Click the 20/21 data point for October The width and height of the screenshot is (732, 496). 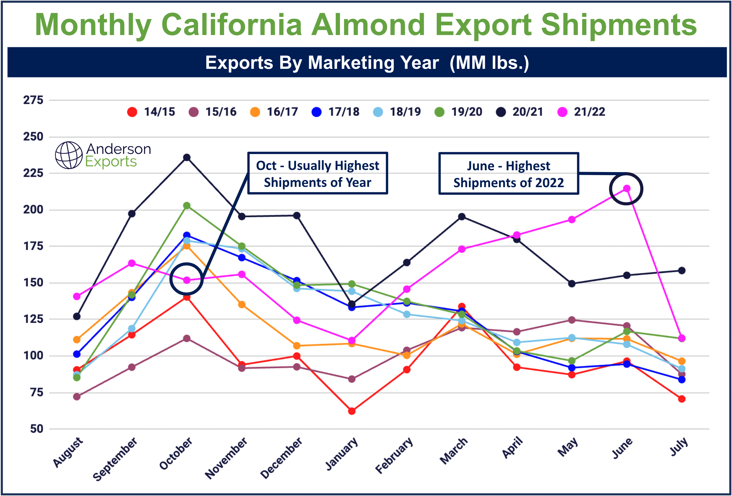tap(187, 157)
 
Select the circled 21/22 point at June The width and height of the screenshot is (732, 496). tap(626, 189)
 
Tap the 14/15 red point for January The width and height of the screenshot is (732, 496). tap(352, 411)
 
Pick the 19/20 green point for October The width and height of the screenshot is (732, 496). tap(187, 206)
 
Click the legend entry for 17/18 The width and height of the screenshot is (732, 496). tap(335, 112)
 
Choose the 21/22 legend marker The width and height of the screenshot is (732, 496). tap(562, 112)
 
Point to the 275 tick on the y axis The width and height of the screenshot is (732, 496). tap(33, 100)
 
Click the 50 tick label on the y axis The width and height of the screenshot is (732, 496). tap(37, 429)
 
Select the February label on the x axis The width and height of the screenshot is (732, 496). tap(394, 456)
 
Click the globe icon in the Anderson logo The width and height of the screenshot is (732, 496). tap(69, 155)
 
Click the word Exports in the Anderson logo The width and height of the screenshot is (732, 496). tap(111, 162)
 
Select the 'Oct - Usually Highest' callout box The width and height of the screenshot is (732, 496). tap(317, 173)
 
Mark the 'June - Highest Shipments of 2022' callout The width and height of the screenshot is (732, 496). tap(508, 174)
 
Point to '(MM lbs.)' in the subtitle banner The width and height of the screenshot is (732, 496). tap(489, 62)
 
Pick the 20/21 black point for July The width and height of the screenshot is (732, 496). tap(682, 270)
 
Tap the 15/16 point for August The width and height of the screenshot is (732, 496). tap(76, 397)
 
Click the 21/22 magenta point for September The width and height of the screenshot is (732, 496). tap(132, 263)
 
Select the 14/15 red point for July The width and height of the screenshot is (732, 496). tap(682, 399)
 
